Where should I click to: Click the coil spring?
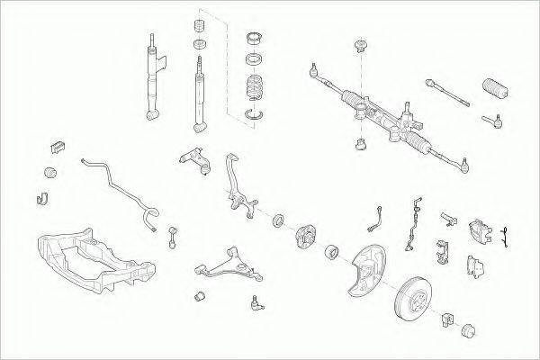(x=257, y=91)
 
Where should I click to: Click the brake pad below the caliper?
(x=473, y=265)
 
